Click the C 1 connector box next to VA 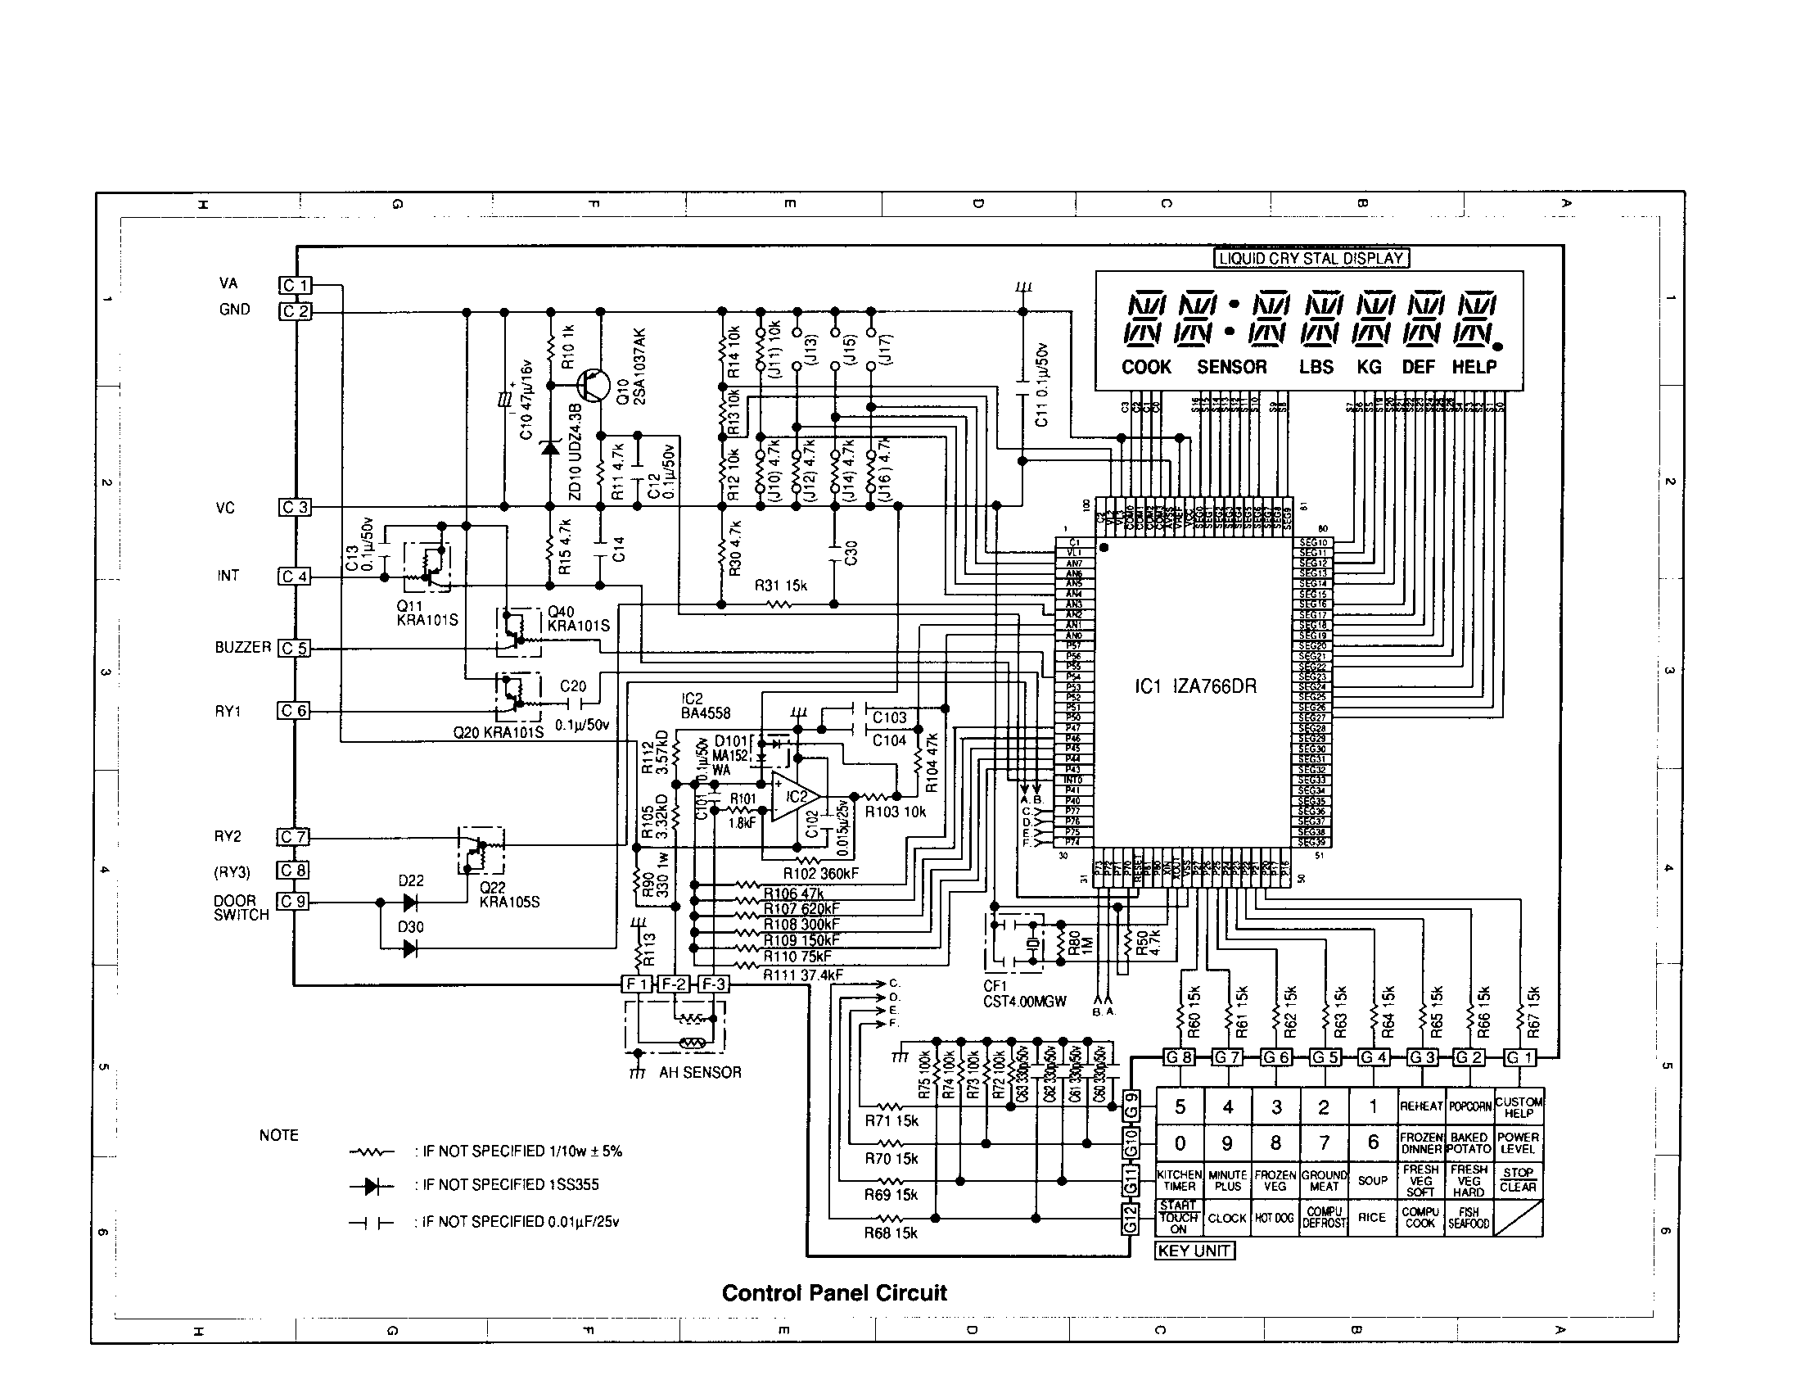coord(295,285)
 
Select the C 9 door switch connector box coord(293,902)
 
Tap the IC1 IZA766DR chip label coord(1196,686)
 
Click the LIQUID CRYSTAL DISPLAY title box coord(1311,258)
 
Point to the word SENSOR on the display coord(1231,367)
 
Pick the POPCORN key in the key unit coord(1469,1106)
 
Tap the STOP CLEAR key coord(1517,1179)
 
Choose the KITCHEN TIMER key coord(1179,1179)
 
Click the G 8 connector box coord(1177,1056)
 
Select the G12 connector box coord(1131,1218)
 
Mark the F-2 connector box coord(674,984)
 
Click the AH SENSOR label coord(700,1072)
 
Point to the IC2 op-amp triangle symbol coord(793,797)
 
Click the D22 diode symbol coord(410,903)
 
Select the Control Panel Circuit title coord(833,1292)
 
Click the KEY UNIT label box coord(1194,1251)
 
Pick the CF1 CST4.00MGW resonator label coord(1024,994)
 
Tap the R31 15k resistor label coord(781,586)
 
